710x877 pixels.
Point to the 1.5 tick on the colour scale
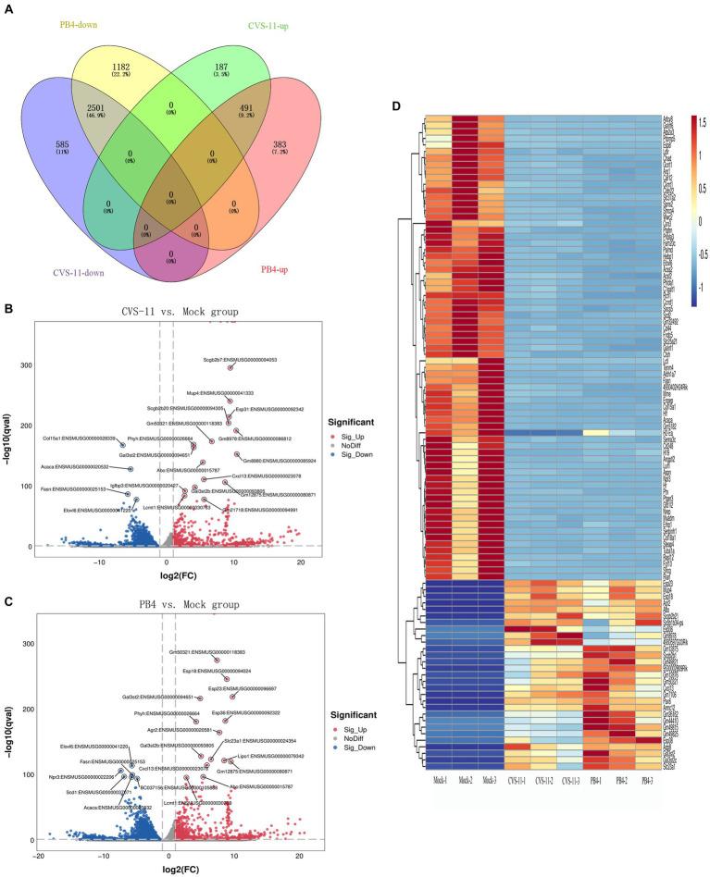[700, 120]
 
